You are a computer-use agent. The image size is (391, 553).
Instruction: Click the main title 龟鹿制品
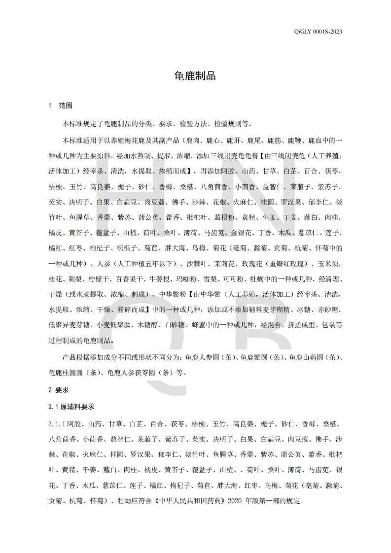(195, 76)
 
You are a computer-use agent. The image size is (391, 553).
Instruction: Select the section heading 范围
(66, 105)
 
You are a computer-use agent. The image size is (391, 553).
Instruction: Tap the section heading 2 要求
(58, 389)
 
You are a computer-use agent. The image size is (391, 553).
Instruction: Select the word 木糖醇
(148, 325)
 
